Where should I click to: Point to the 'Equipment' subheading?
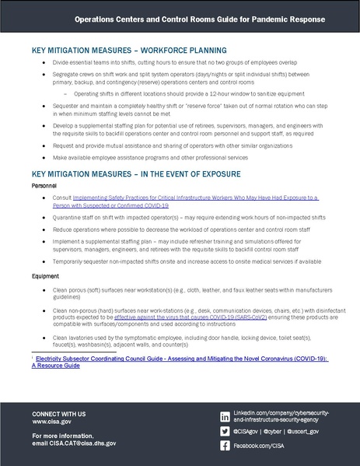tap(45, 275)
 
